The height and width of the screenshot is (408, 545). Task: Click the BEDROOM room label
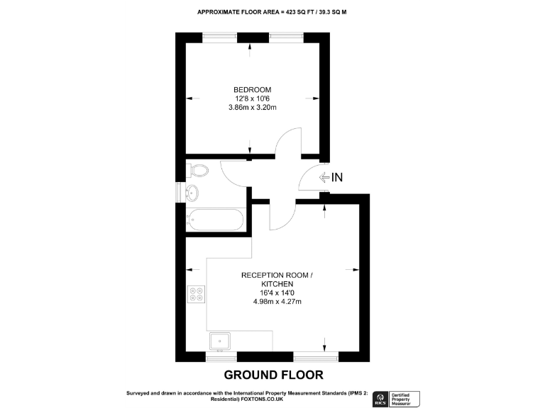coord(252,89)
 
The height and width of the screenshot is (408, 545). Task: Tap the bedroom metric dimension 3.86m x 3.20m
coord(252,108)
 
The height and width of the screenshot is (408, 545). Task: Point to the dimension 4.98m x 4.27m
coord(277,302)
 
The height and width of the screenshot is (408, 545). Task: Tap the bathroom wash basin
coord(192,192)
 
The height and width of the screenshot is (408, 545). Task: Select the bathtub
coord(215,220)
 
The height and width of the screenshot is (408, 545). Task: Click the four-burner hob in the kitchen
coord(197,293)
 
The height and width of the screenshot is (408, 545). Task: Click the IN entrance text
coord(336,178)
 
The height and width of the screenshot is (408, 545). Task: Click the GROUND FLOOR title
coord(273,375)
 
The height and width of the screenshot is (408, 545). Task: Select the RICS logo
coord(379,398)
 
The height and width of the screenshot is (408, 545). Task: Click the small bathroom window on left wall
coord(177,192)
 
